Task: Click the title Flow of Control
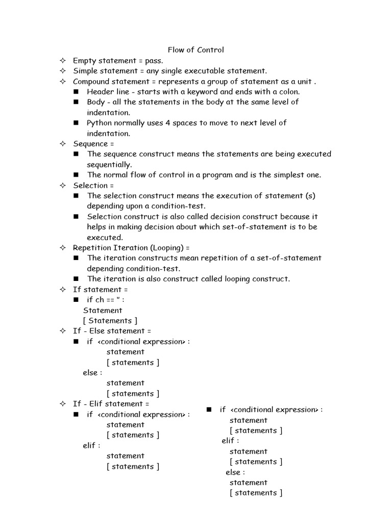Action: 196,50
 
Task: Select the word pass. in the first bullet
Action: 154,61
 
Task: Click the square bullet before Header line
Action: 76,92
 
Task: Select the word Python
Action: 100,123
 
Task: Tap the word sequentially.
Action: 109,164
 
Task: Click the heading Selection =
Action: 93,185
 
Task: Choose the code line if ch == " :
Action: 106,300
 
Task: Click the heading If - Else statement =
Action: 112,331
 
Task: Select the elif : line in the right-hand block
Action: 230,441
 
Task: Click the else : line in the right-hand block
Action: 235,472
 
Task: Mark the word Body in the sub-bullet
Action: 96,102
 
